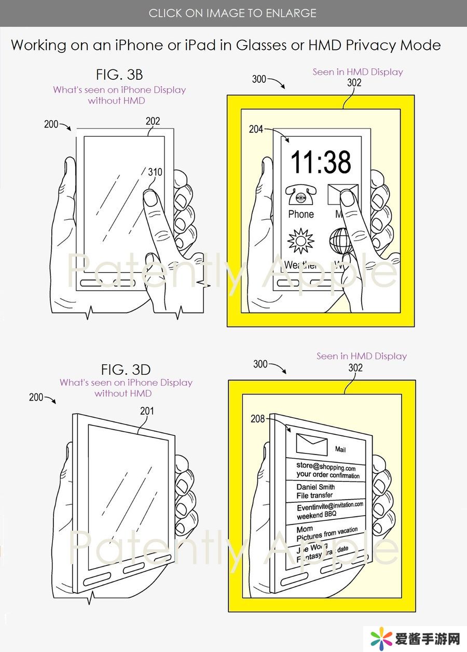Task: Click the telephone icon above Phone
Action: pyautogui.click(x=300, y=197)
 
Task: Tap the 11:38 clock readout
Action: pyautogui.click(x=321, y=162)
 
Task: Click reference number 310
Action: pyautogui.click(x=155, y=172)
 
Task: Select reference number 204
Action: pyautogui.click(x=256, y=130)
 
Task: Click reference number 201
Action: pyautogui.click(x=148, y=411)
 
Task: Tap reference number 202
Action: pyautogui.click(x=153, y=121)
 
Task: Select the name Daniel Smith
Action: pyautogui.click(x=315, y=487)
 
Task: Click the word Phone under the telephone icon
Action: pyautogui.click(x=301, y=214)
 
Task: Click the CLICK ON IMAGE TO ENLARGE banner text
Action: pyautogui.click(x=232, y=13)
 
